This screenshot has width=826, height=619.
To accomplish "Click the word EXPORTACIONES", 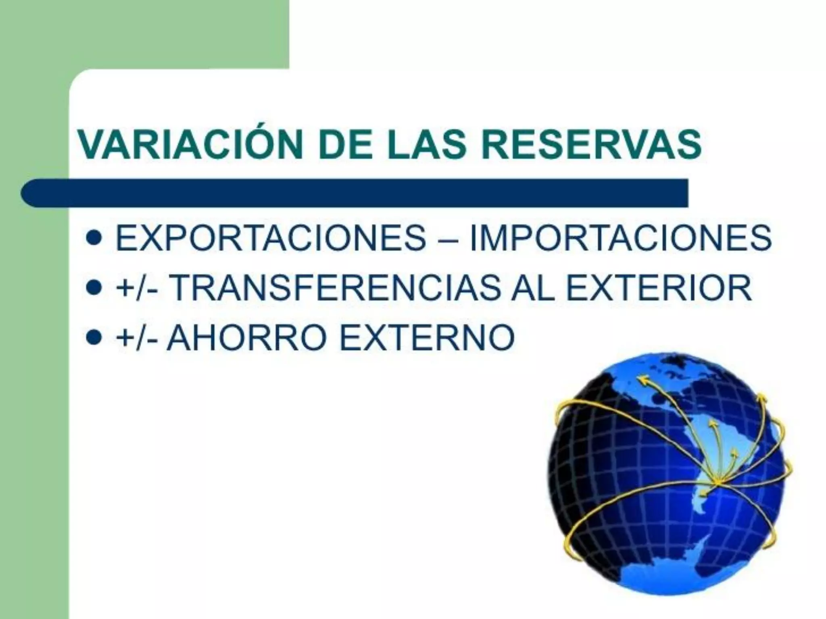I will [271, 238].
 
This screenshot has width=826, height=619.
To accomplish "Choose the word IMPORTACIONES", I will [621, 238].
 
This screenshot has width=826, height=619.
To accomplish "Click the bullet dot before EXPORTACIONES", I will [94, 239].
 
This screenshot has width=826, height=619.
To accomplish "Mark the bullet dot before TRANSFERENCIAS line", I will [94, 289].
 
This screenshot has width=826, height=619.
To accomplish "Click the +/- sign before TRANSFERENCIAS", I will [137, 289].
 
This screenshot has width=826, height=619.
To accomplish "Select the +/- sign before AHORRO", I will [137, 338].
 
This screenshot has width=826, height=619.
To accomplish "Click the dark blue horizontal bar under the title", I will [355, 193].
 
